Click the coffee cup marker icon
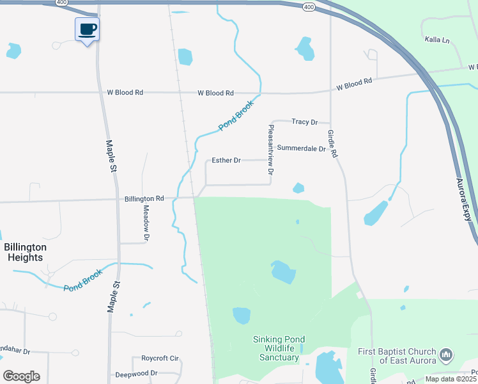(x=87, y=29)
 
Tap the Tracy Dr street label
(x=304, y=122)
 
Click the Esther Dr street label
(x=226, y=160)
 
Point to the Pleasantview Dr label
(x=271, y=150)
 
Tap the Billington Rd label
(x=144, y=199)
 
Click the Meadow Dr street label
(x=146, y=223)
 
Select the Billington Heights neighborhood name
(x=26, y=252)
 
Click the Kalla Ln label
(x=437, y=40)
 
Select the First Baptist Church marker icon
(x=447, y=354)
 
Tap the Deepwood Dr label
(x=136, y=374)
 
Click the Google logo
(x=21, y=376)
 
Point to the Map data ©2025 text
(x=451, y=379)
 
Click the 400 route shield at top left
(x=61, y=3)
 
